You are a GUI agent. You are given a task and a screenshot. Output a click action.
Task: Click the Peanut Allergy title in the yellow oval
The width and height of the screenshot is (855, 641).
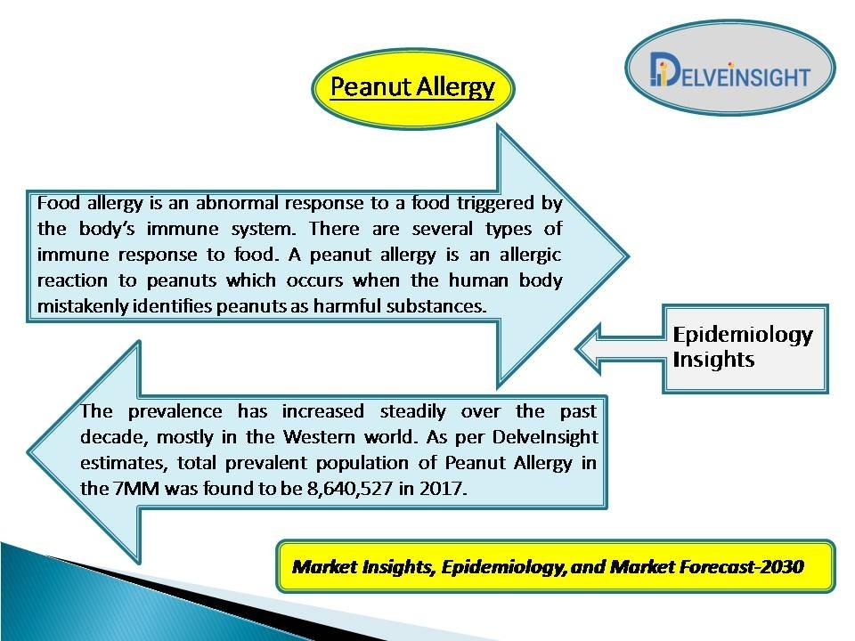click(412, 86)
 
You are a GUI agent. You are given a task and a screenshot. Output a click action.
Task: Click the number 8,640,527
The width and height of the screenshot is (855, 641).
click(350, 488)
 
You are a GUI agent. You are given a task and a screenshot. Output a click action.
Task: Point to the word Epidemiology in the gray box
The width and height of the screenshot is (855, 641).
click(743, 336)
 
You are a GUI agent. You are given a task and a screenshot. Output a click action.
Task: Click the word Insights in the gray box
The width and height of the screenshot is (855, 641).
click(713, 360)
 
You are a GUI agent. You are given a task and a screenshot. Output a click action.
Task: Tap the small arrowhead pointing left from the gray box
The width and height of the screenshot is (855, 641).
click(590, 349)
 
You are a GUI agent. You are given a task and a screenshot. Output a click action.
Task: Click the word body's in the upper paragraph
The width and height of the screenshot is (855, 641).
click(107, 229)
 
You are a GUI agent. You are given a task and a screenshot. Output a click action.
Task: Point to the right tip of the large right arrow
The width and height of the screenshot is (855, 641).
click(628, 256)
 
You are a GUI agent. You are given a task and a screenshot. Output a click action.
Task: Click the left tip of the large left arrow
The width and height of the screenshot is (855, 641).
click(28, 452)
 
